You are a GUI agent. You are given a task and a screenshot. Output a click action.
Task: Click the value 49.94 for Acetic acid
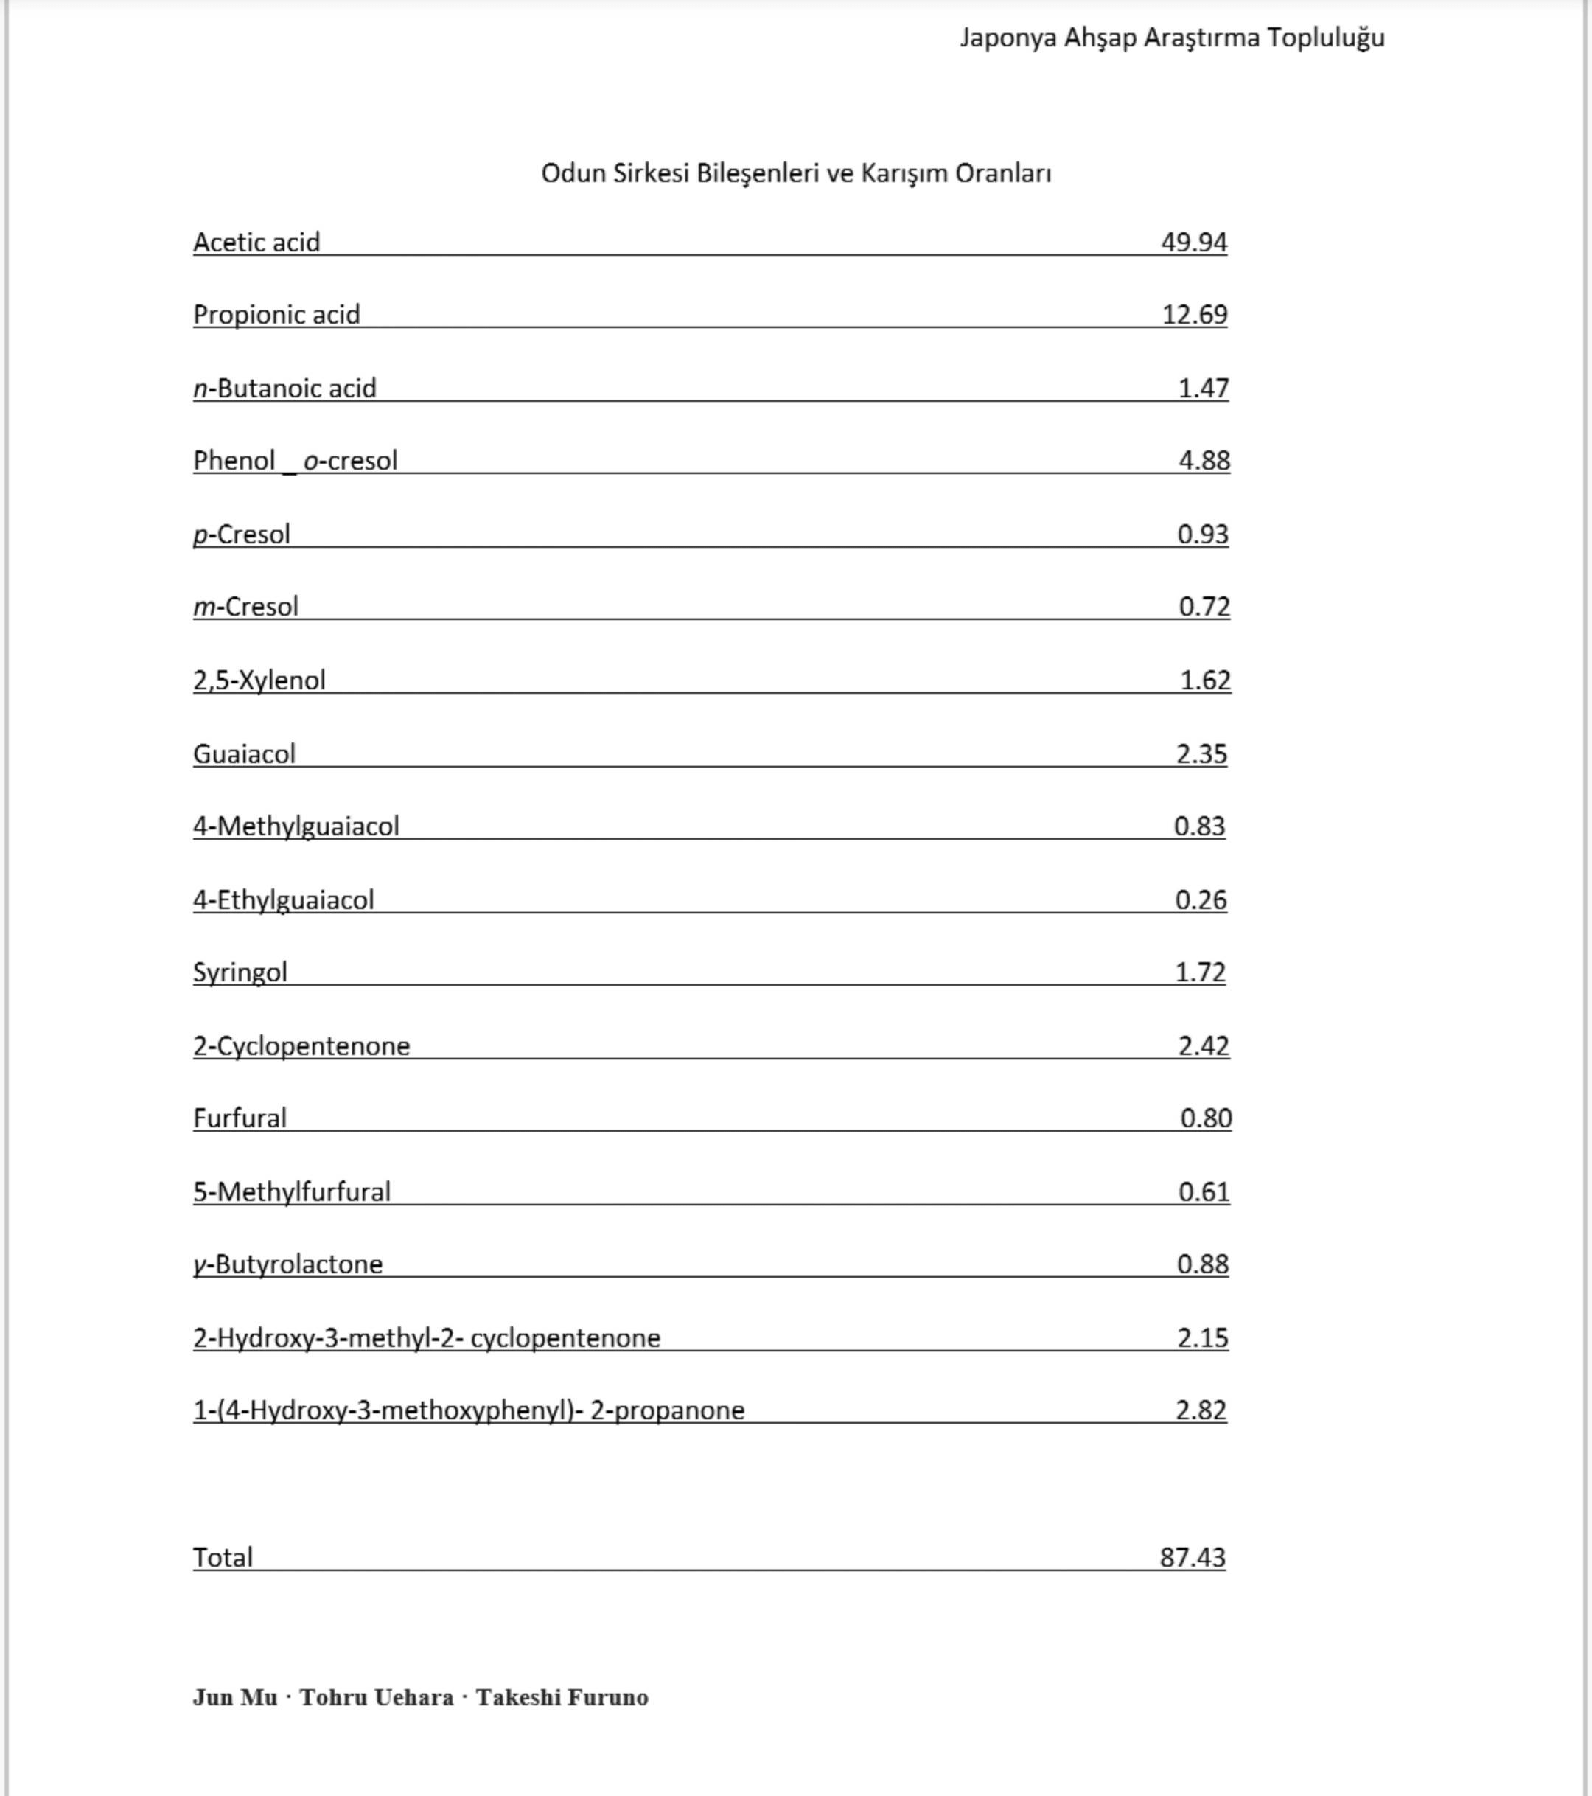click(1193, 242)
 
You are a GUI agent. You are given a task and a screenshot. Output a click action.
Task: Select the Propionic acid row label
click(276, 315)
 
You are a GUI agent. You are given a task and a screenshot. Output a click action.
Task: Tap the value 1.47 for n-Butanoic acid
click(1203, 388)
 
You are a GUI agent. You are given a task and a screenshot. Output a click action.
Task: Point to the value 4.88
click(1204, 460)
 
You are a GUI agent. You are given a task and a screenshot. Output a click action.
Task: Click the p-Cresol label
click(242, 535)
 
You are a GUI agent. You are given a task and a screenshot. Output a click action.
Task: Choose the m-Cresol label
click(246, 606)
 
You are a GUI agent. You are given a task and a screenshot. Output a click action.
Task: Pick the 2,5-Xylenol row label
click(259, 680)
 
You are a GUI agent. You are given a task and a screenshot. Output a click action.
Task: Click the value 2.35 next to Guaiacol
click(1201, 754)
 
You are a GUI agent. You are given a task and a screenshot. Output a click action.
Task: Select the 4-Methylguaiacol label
click(296, 826)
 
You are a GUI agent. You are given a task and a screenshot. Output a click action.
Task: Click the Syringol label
click(240, 972)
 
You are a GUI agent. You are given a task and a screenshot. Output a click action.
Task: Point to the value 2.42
click(1203, 1045)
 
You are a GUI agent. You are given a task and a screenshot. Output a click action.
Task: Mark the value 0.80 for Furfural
click(1205, 1118)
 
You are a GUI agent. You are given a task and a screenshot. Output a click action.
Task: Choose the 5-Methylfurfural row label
click(292, 1191)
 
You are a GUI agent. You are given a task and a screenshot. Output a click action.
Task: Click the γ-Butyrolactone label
click(288, 1264)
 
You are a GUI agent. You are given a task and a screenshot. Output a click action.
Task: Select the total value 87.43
click(1193, 1557)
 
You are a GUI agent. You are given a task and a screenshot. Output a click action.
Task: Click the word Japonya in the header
click(1008, 38)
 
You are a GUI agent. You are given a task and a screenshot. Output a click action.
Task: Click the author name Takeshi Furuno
click(562, 1696)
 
